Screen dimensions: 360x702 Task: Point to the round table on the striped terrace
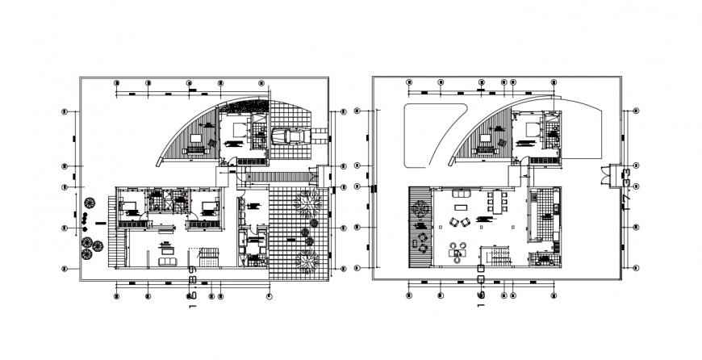(418, 209)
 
